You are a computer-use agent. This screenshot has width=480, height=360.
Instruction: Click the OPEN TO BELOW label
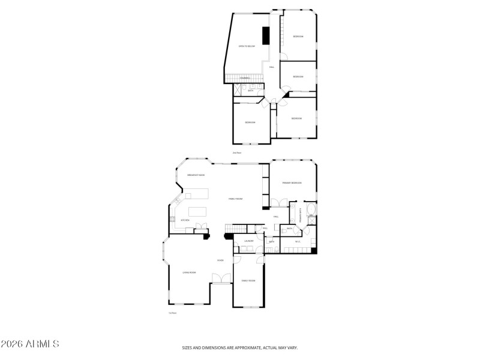point(247,46)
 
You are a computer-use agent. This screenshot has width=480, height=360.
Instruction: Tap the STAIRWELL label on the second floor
point(245,78)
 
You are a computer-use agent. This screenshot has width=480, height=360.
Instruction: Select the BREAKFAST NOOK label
point(196,175)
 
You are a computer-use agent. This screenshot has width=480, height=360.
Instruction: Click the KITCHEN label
point(185,220)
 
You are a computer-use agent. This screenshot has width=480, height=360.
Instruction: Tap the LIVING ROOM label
point(189,272)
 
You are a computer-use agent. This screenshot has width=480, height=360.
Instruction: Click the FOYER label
point(221,260)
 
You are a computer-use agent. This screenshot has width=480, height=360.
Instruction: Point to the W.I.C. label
point(297,242)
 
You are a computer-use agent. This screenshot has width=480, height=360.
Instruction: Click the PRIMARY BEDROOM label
point(292,182)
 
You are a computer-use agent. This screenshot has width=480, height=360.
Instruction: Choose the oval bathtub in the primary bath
point(310,209)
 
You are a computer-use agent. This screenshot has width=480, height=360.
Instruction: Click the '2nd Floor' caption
point(236,153)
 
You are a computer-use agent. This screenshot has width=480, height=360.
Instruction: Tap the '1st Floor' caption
point(172,313)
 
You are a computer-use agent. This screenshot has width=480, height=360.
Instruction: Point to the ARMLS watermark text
point(30,344)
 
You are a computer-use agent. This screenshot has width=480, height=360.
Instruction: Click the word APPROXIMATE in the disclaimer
point(243,347)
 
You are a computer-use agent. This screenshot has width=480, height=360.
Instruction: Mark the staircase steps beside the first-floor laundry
point(236,229)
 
